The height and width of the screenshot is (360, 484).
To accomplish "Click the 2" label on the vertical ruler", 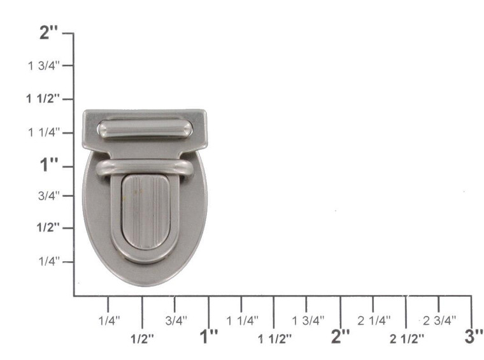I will coord(49,32).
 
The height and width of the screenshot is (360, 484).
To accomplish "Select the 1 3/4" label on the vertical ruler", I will coord(43,66).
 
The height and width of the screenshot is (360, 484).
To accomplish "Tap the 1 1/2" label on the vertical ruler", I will coord(43,98).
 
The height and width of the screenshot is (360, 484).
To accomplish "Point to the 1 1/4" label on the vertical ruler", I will coord(43,132).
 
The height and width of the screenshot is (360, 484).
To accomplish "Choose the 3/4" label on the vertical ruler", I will coord(48,196).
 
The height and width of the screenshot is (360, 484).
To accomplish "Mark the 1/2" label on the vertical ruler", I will coord(48,227).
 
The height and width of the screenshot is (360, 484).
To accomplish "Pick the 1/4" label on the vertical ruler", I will coord(48,261).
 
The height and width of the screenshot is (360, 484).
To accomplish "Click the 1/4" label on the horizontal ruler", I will coord(109,320).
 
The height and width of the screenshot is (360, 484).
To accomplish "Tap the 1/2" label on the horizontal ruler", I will coord(142,338).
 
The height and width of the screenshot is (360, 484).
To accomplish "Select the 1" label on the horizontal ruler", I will coord(209,337).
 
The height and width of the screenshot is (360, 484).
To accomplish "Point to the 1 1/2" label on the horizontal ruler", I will coord(274,338).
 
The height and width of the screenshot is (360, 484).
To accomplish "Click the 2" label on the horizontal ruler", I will coord(340,337).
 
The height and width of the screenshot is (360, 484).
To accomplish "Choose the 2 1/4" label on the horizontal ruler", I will coord(373,320).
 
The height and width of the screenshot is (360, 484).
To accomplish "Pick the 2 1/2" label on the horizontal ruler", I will coord(407,338).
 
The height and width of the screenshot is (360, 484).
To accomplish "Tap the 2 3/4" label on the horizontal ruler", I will coord(439,320).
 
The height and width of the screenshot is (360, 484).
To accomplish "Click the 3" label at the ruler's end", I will coord(473,337).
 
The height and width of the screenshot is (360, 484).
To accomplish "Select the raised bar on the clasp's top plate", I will coord(145,129).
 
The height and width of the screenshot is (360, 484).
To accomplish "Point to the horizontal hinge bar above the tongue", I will coord(145,168).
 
